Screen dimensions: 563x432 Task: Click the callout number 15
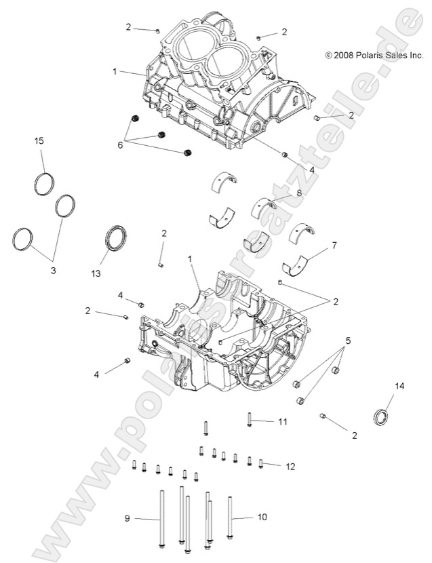point(39,140)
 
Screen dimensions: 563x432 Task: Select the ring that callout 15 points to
point(43,184)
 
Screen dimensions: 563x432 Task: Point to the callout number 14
point(399,386)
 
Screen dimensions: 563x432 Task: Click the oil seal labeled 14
point(383,415)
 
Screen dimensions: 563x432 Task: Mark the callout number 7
point(333,244)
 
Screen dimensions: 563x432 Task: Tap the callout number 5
point(348,341)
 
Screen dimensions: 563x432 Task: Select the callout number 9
point(126,518)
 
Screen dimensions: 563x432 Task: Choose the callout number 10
point(262,517)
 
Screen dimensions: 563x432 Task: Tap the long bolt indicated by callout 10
point(230,519)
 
